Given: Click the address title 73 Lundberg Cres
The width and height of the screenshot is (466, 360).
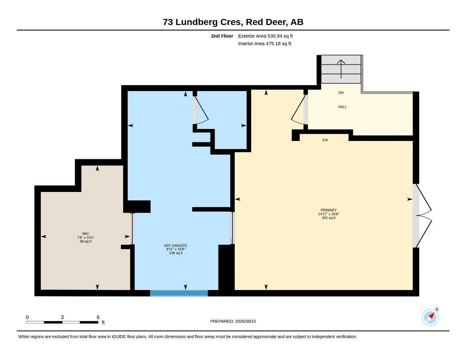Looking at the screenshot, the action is [x=233, y=22].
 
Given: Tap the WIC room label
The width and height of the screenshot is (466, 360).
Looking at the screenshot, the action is [x=85, y=233].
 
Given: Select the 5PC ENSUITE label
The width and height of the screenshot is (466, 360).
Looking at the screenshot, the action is [x=175, y=245].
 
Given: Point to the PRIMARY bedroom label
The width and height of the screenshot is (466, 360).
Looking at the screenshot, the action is [x=328, y=210].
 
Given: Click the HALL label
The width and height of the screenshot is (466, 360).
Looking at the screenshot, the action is [x=342, y=107].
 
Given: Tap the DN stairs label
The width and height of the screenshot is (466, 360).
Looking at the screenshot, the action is [x=341, y=92].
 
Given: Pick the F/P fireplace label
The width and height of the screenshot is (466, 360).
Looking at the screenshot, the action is [x=325, y=140].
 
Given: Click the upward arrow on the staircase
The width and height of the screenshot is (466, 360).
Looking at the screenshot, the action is [x=341, y=69].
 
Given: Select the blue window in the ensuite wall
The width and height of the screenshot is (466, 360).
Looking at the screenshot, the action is [x=179, y=293].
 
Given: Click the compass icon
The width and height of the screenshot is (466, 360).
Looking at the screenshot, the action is [x=430, y=317].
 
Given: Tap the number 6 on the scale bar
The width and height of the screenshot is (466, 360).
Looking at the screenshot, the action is [x=98, y=317].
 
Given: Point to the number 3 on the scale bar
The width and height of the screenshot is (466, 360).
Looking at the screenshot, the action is [x=62, y=317].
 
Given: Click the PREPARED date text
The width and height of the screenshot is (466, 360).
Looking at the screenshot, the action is [x=233, y=321].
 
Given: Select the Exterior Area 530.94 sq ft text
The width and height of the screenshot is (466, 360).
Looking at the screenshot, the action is [x=265, y=36].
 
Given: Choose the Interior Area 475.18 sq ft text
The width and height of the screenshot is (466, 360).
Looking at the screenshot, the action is [x=264, y=44].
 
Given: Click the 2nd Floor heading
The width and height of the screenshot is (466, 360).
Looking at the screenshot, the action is [x=222, y=36].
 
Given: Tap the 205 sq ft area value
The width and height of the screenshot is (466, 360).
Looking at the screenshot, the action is [x=328, y=218].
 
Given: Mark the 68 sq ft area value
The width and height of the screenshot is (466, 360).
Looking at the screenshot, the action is [x=85, y=241].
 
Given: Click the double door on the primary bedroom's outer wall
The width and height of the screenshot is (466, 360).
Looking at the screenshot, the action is [x=422, y=216].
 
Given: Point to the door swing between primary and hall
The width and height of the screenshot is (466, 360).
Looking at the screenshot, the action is [x=299, y=110].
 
